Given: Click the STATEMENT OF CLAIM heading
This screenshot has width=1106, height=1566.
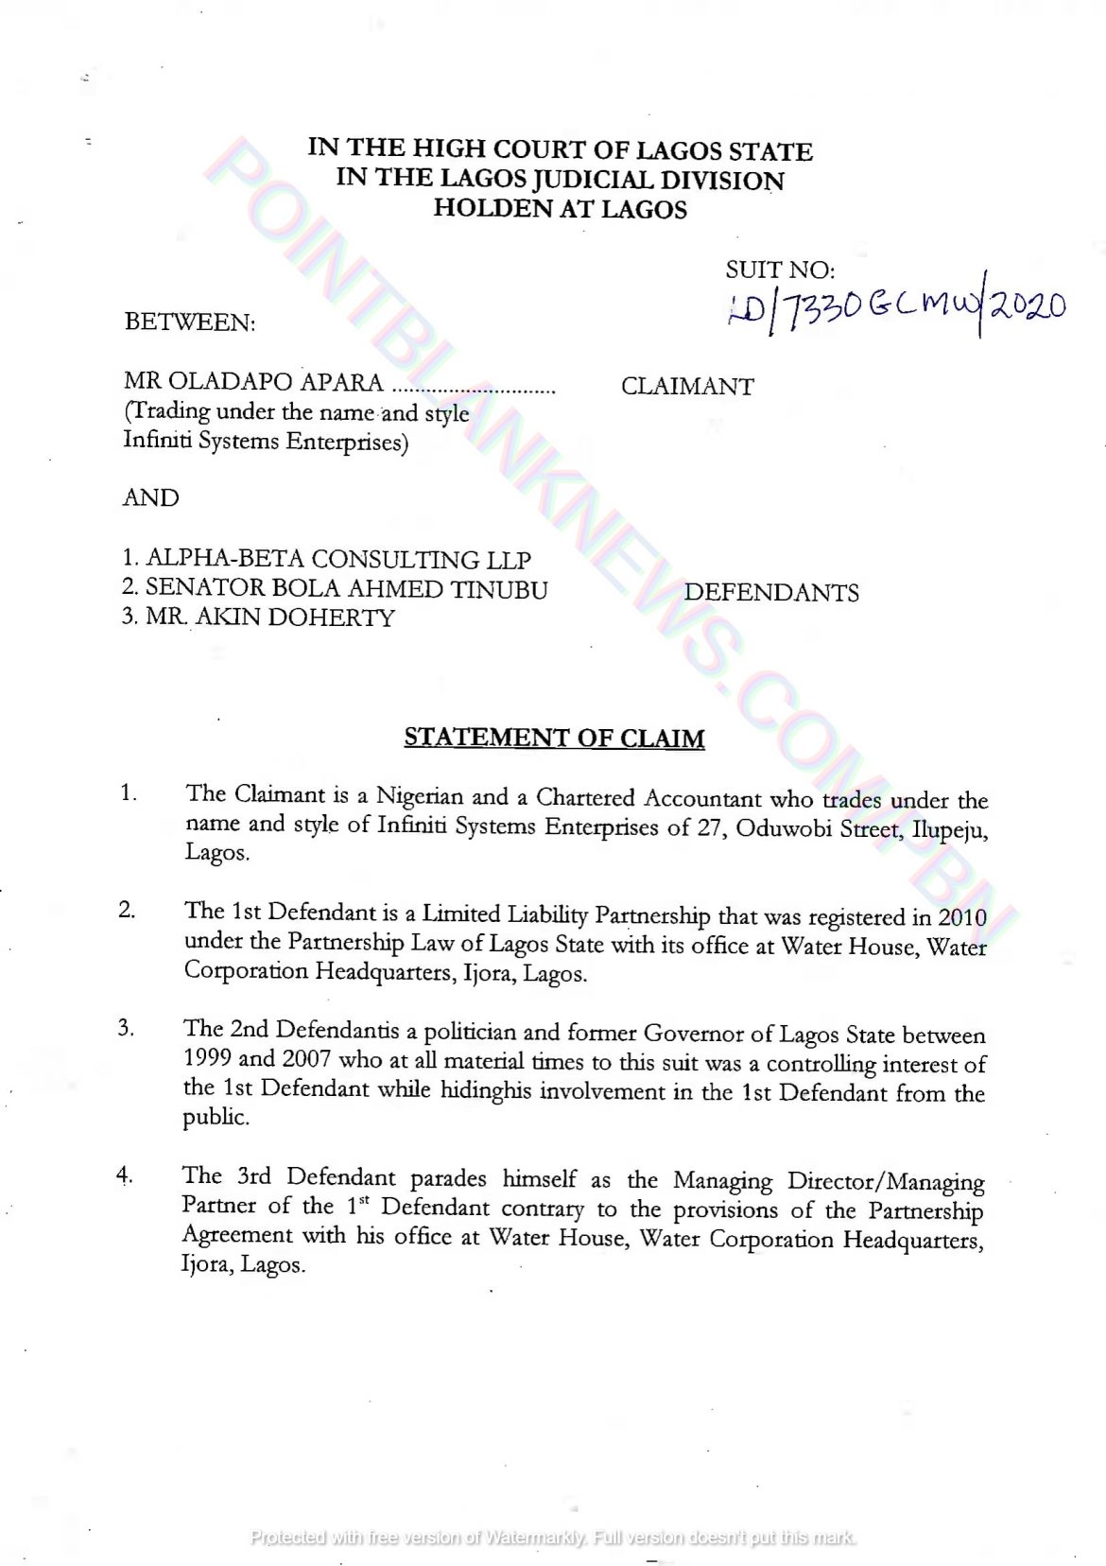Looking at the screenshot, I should (554, 739).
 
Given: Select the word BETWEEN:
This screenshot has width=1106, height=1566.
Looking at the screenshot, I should (190, 322).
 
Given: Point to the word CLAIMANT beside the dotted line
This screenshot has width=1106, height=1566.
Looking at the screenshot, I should (687, 387).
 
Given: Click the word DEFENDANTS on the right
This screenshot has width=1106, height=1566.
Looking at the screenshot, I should (771, 593).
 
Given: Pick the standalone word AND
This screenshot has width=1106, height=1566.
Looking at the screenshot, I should (151, 498).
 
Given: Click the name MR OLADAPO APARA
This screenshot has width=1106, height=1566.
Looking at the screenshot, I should (253, 383).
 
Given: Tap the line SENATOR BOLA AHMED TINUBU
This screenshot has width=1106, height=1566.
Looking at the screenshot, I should (346, 589).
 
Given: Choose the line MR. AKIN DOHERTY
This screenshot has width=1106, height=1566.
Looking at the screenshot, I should (269, 618).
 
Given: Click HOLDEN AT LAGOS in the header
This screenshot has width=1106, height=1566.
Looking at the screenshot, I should (560, 209).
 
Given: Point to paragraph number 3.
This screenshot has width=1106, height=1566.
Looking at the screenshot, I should (127, 1028).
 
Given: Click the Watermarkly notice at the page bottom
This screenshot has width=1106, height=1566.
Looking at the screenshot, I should (553, 1537).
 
